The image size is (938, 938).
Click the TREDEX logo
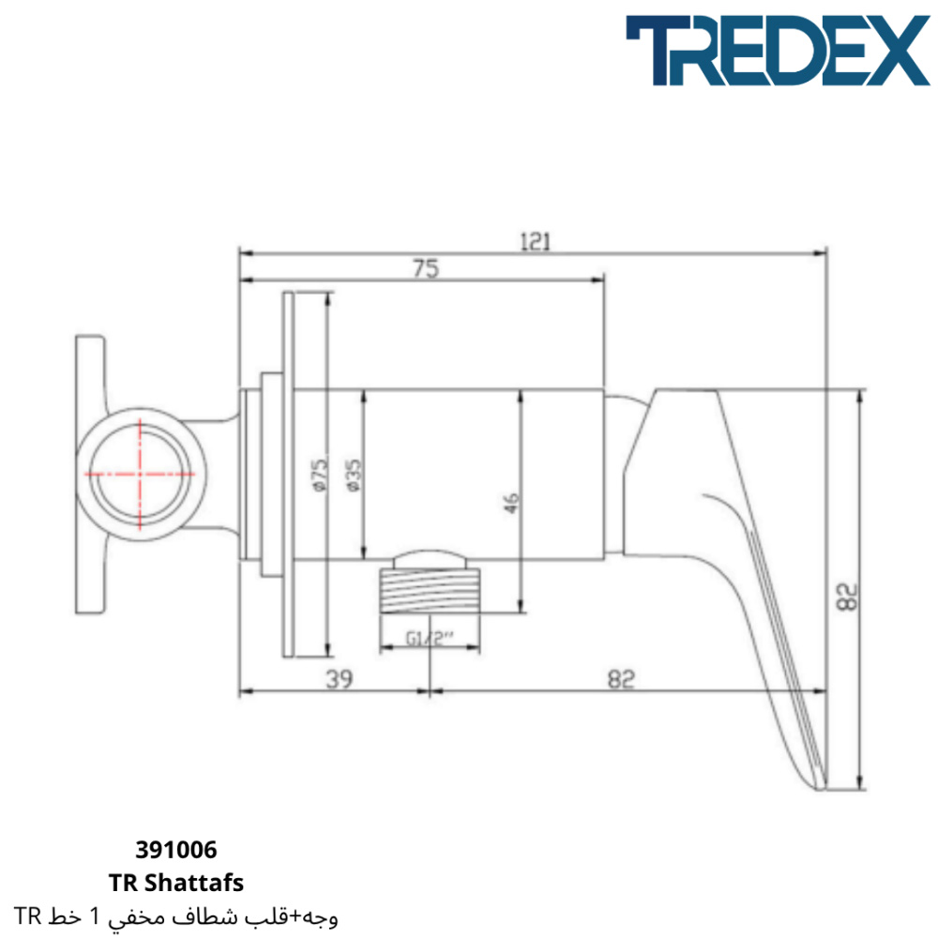[778, 51]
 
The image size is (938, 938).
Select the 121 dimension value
[535, 242]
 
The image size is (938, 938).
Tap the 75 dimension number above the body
[426, 268]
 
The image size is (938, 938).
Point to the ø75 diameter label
[321, 475]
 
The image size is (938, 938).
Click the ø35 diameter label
[354, 475]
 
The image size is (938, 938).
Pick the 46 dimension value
[511, 503]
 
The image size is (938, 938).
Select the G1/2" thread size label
[431, 638]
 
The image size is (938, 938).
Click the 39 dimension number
[340, 679]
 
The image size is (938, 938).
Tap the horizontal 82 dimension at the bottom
[621, 679]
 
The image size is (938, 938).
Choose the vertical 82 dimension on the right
[846, 597]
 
